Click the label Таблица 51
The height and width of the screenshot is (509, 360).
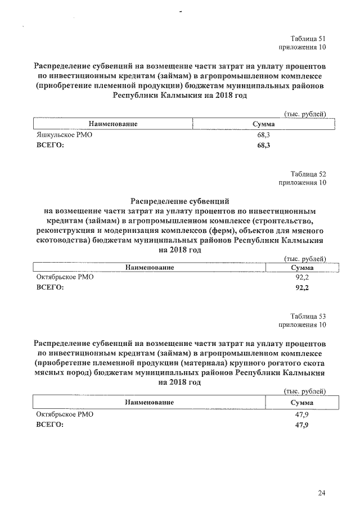pos(307,38)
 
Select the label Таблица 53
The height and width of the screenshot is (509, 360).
pos(307,316)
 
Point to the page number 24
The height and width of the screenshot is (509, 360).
pos(321,494)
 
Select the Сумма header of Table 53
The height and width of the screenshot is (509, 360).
pos(302,403)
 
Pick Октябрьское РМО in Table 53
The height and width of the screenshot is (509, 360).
pos(65,414)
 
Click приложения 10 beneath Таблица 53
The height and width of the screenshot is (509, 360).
pos(302,325)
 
